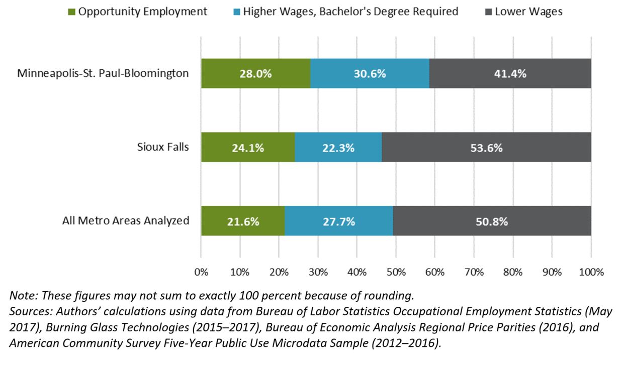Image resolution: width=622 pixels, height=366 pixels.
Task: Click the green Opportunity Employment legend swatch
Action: click(72, 12)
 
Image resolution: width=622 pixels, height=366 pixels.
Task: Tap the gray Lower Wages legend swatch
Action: click(489, 12)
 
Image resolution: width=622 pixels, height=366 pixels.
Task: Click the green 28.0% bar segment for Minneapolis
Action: click(255, 73)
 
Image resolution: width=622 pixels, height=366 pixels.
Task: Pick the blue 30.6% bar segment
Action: click(370, 73)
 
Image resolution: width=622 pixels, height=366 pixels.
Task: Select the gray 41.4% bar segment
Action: click(510, 73)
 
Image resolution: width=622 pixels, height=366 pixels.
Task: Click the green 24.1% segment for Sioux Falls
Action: click(248, 148)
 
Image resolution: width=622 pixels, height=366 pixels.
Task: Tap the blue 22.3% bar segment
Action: click(338, 148)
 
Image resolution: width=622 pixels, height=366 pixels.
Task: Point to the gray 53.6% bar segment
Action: click(486, 148)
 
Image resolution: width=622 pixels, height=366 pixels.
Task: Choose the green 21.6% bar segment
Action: click(243, 221)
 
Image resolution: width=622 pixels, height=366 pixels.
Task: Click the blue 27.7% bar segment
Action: click(338, 221)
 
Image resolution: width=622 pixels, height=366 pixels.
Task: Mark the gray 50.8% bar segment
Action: click(492, 221)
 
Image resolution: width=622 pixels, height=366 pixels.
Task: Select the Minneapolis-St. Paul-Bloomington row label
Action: click(103, 73)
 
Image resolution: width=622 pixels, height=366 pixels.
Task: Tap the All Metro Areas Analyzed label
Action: click(126, 220)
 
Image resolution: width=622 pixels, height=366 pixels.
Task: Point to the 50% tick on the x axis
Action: click(396, 273)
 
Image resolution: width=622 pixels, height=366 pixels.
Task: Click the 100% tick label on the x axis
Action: click(591, 273)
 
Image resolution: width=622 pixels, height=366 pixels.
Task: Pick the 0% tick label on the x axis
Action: click(201, 273)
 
